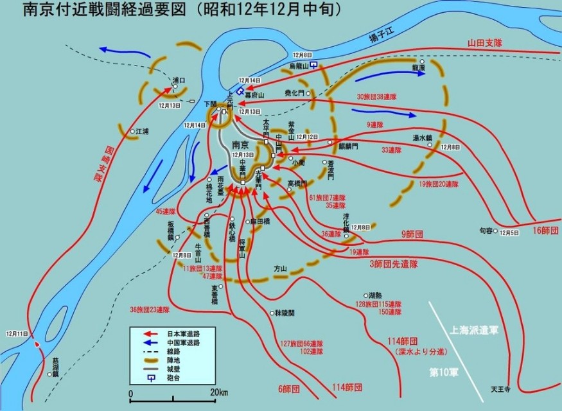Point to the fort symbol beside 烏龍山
point(313,65)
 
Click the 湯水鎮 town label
point(422,137)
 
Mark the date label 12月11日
point(17,334)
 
